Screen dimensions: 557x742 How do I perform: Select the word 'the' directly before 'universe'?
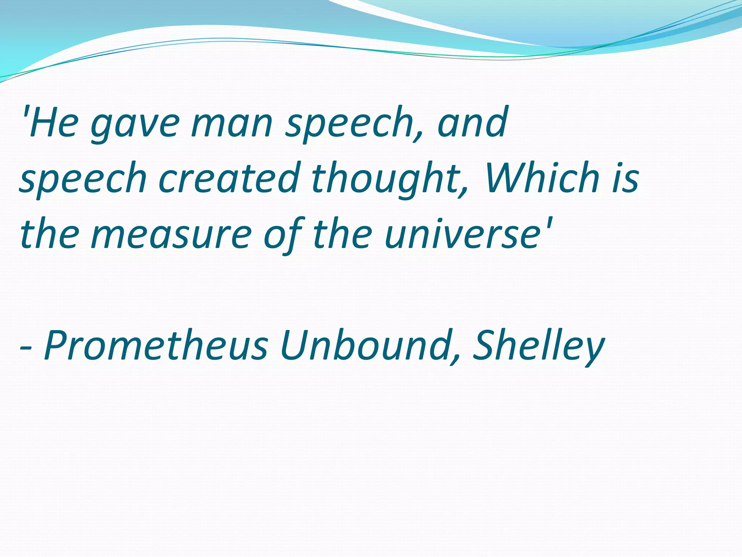pos(342,234)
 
